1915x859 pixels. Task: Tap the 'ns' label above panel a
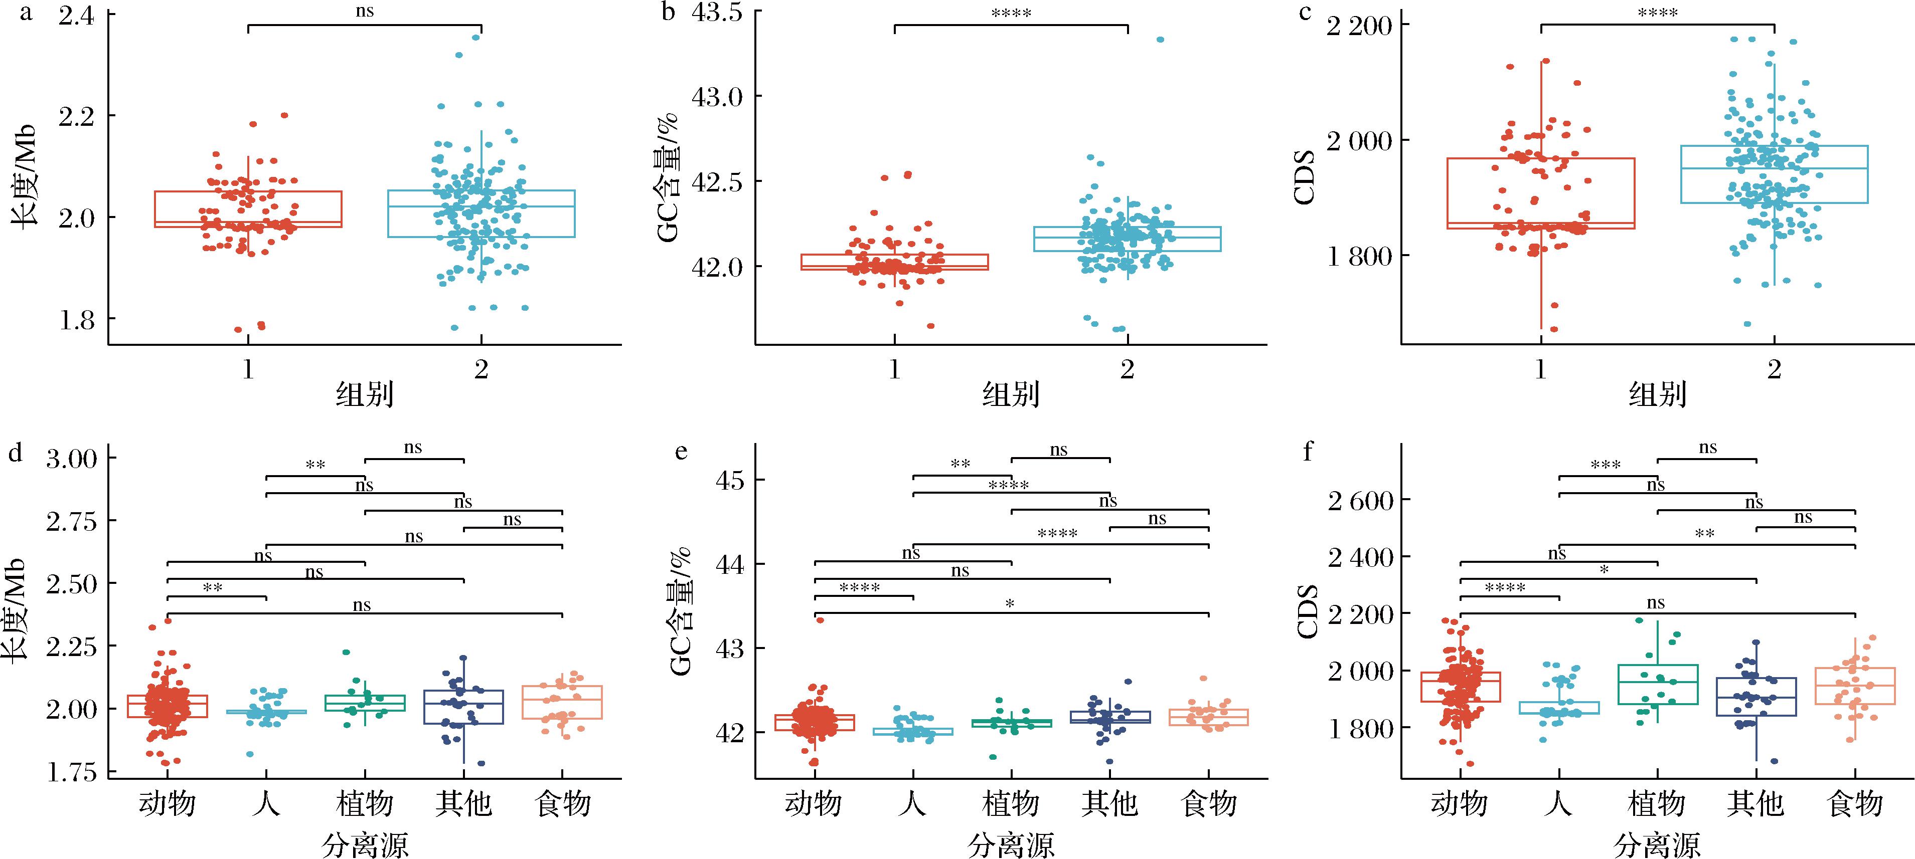(364, 11)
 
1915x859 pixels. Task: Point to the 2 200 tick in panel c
(1359, 25)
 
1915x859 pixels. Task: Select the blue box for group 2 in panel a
(481, 213)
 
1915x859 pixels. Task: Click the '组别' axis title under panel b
(1011, 394)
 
